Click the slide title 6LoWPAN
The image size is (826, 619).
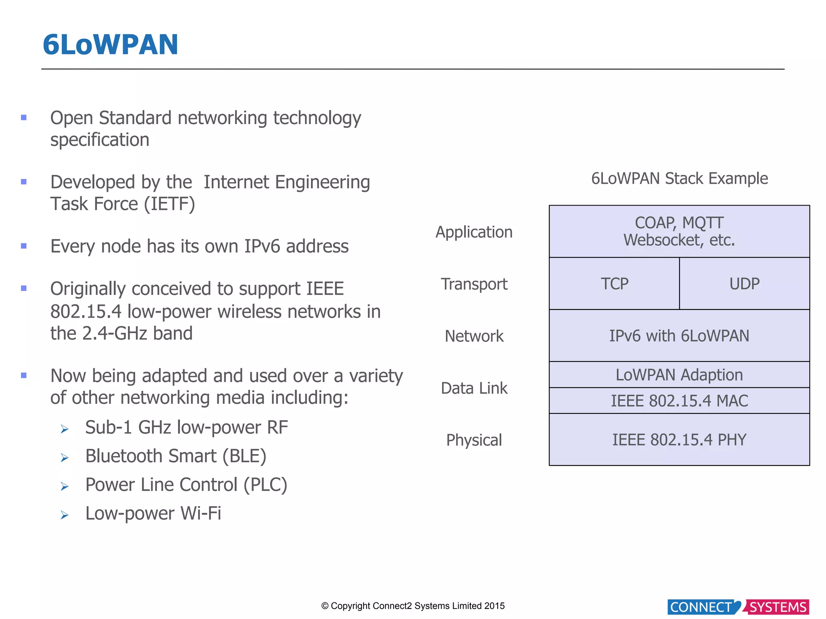(x=110, y=45)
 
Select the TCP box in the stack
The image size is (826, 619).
(x=614, y=284)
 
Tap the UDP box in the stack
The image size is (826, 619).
(x=745, y=284)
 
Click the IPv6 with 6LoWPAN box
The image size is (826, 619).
(x=679, y=336)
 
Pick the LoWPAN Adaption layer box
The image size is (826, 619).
(x=679, y=375)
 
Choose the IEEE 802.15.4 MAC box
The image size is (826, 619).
(x=679, y=401)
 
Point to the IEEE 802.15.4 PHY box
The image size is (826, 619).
(x=679, y=440)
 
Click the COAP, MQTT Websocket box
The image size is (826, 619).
(x=679, y=231)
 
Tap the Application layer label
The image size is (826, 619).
(x=474, y=232)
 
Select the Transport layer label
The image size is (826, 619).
(x=474, y=284)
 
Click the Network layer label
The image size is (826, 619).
(x=474, y=336)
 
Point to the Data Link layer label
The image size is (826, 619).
(x=474, y=388)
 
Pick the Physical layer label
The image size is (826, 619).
(x=474, y=440)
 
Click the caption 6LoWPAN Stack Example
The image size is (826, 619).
(x=679, y=179)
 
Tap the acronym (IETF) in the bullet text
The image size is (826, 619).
(x=169, y=204)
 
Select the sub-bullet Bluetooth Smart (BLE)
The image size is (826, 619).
(x=176, y=456)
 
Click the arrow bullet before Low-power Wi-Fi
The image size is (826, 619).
(x=65, y=515)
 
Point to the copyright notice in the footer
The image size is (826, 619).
(x=413, y=606)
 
